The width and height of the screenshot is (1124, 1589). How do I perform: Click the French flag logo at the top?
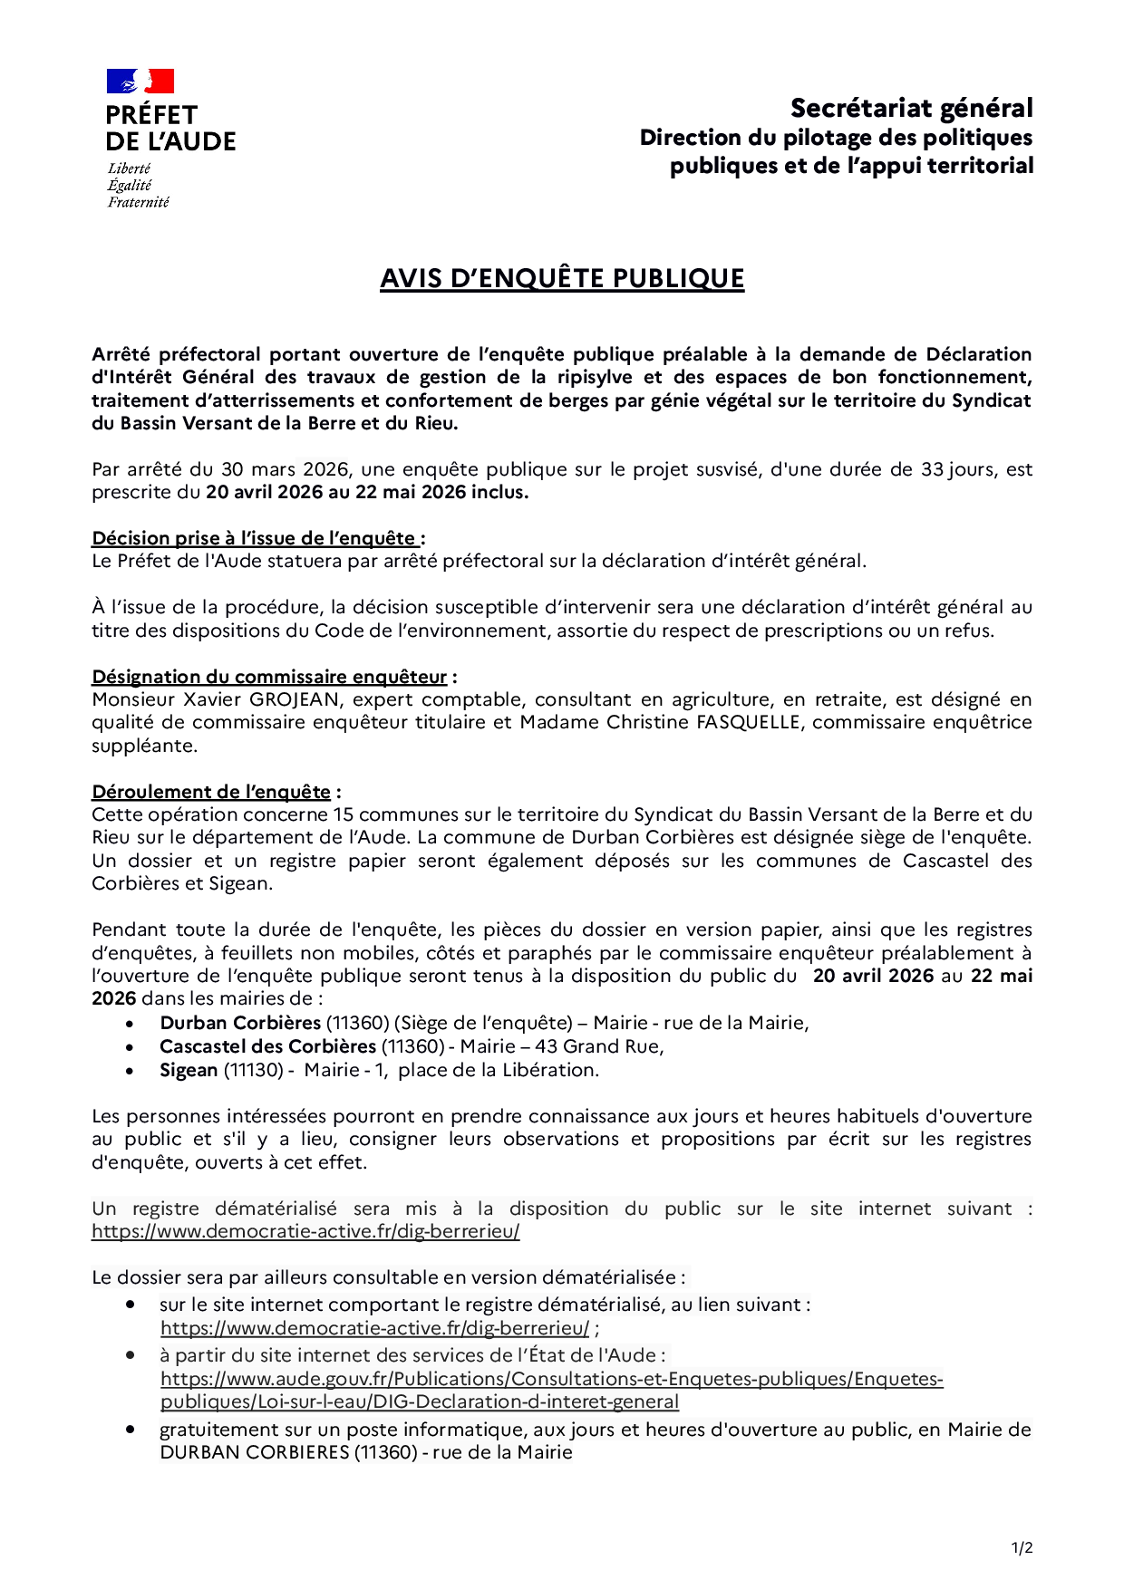(x=140, y=82)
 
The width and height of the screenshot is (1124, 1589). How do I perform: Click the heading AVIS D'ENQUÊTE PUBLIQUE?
(x=562, y=278)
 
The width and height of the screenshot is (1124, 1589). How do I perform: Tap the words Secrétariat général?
(x=911, y=108)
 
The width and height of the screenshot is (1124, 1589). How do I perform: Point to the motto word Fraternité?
(x=138, y=202)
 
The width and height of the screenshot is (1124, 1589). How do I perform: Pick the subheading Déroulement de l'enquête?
(x=211, y=792)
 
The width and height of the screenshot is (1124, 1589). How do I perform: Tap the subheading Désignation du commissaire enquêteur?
(x=269, y=677)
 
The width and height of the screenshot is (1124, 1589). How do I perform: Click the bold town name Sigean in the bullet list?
(x=189, y=1070)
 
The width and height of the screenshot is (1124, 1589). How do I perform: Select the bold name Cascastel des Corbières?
(x=267, y=1046)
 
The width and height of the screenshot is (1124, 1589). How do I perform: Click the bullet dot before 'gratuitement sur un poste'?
(x=131, y=1429)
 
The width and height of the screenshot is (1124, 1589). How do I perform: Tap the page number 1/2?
(x=1022, y=1548)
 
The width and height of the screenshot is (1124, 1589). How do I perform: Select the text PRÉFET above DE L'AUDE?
(x=151, y=115)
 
